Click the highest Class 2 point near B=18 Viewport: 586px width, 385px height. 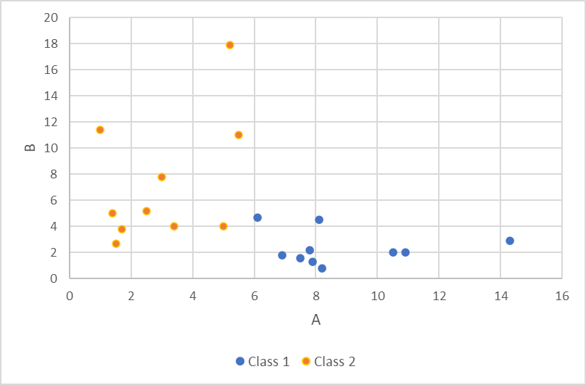tap(230, 45)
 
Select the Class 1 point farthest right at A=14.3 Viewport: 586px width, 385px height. tap(510, 241)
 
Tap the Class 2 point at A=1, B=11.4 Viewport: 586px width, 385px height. tap(100, 130)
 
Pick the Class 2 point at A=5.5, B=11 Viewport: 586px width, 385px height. tap(239, 135)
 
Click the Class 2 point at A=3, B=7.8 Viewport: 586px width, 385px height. tap(162, 177)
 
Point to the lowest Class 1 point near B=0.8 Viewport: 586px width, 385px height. tap(322, 268)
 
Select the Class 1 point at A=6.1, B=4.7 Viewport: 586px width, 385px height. tap(257, 218)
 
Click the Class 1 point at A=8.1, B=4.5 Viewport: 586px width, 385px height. tap(319, 220)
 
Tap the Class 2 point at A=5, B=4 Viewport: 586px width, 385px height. tap(223, 226)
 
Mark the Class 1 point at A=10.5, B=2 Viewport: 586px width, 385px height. tap(393, 252)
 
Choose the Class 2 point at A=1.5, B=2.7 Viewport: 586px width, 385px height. tap(116, 244)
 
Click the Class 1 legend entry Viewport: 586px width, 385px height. tap(263, 361)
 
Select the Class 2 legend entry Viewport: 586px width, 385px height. tap(329, 361)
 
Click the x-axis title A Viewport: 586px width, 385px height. tap(315, 320)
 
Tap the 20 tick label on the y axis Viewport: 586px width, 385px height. tap(51, 18)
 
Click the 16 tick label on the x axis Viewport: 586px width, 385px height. tap(561, 296)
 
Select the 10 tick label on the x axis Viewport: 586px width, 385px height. tap(377, 296)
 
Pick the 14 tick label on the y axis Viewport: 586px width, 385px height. tap(51, 96)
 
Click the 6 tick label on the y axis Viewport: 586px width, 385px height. tap(54, 201)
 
